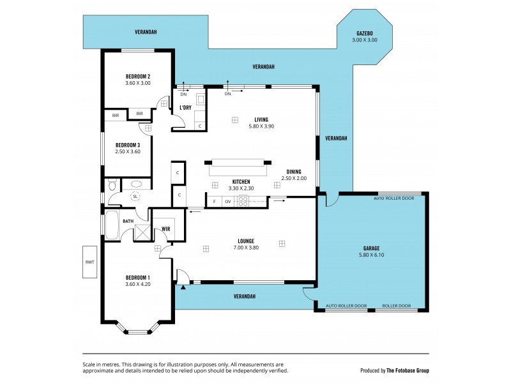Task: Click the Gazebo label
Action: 365,33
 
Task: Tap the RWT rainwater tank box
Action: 89,262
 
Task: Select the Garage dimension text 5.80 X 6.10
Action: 371,255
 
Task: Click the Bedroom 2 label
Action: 137,76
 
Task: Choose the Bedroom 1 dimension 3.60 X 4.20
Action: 137,284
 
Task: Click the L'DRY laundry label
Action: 186,107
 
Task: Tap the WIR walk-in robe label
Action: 165,229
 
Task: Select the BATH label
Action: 128,222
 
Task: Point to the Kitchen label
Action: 241,181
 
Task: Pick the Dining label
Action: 294,171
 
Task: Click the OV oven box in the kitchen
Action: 227,202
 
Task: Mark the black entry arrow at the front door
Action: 184,287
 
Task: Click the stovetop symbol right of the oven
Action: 243,202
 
